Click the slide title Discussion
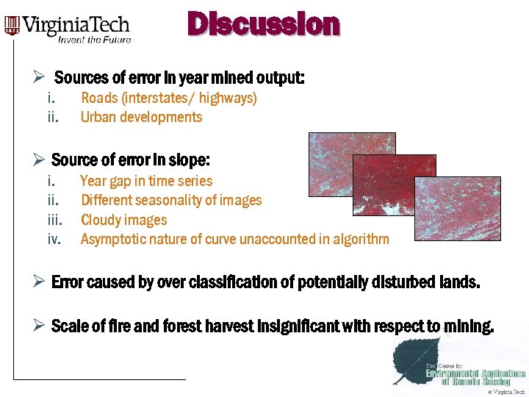(264, 24)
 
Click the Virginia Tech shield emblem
(12, 26)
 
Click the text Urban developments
(141, 117)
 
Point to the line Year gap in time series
(146, 181)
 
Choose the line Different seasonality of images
(170, 200)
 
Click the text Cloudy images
(123, 220)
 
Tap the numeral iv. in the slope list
(54, 239)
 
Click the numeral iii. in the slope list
(54, 220)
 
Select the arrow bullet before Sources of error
(41, 77)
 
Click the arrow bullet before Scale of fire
(41, 326)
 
